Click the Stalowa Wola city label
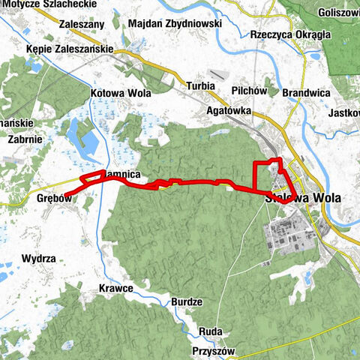(303, 199)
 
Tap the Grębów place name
(53, 199)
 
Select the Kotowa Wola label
(120, 94)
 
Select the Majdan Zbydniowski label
(175, 24)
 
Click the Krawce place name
(115, 288)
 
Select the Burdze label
(187, 301)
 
